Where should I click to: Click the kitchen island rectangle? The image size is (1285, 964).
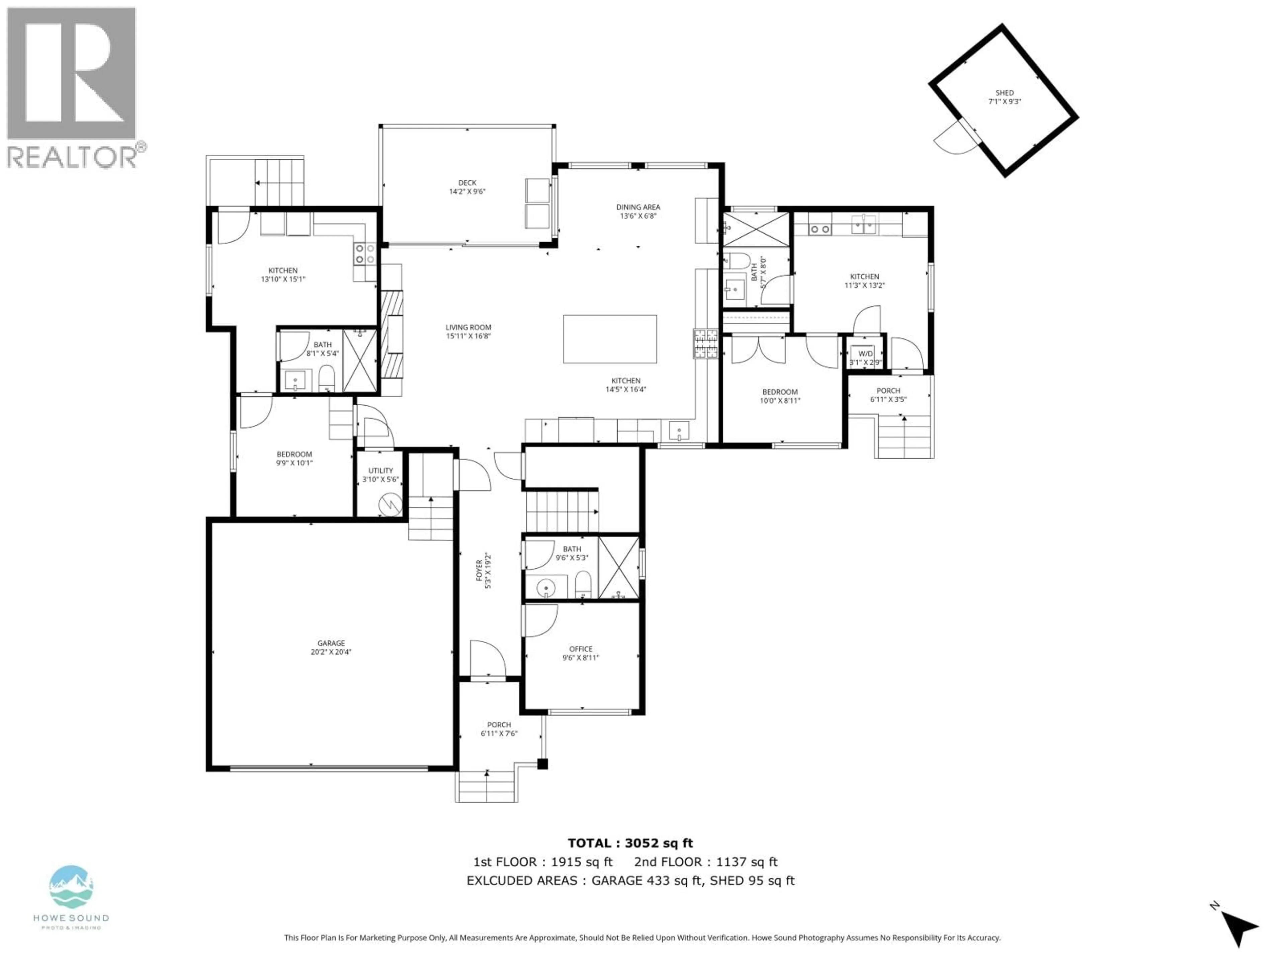coord(610,339)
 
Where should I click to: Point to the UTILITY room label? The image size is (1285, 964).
coord(380,475)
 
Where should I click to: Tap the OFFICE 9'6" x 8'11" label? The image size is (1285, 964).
coord(580,653)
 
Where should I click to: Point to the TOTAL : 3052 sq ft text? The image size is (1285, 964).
coord(630,843)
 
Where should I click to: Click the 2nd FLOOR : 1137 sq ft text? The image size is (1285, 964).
coord(706,862)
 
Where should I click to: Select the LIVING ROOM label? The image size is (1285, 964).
coord(468,331)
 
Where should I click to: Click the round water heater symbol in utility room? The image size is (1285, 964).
coord(390,504)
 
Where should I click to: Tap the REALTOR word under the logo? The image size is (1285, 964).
coord(73,157)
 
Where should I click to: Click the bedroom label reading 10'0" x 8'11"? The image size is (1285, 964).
coord(780,396)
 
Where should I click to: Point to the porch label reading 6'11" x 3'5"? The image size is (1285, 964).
coord(888,395)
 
